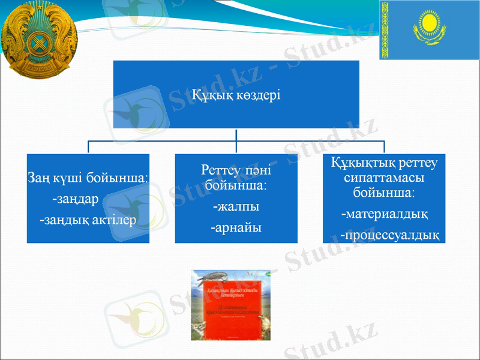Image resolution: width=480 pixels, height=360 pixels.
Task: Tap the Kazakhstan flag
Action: coord(429,30)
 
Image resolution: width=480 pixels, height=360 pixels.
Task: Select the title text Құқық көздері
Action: coord(236,95)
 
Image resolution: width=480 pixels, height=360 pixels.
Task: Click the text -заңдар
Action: coord(75,198)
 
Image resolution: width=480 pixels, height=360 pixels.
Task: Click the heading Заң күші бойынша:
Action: coord(88,178)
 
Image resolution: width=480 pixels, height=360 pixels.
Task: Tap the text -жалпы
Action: coord(236,207)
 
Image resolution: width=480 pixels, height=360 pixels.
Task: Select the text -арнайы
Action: coord(236,228)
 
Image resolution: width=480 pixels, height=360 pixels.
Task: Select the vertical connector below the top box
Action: coord(236,135)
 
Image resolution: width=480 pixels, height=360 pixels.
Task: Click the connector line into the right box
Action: coord(384,148)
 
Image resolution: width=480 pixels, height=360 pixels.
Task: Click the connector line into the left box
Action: coord(89,148)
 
